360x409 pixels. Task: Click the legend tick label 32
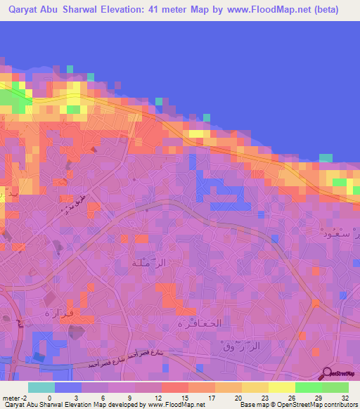point(345,398)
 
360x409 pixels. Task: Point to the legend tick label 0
point(49,398)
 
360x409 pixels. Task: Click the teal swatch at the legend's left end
point(41,387)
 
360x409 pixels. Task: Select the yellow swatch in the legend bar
point(282,387)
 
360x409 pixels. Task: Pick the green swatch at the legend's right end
point(335,387)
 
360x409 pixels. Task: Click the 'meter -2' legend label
point(15,398)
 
